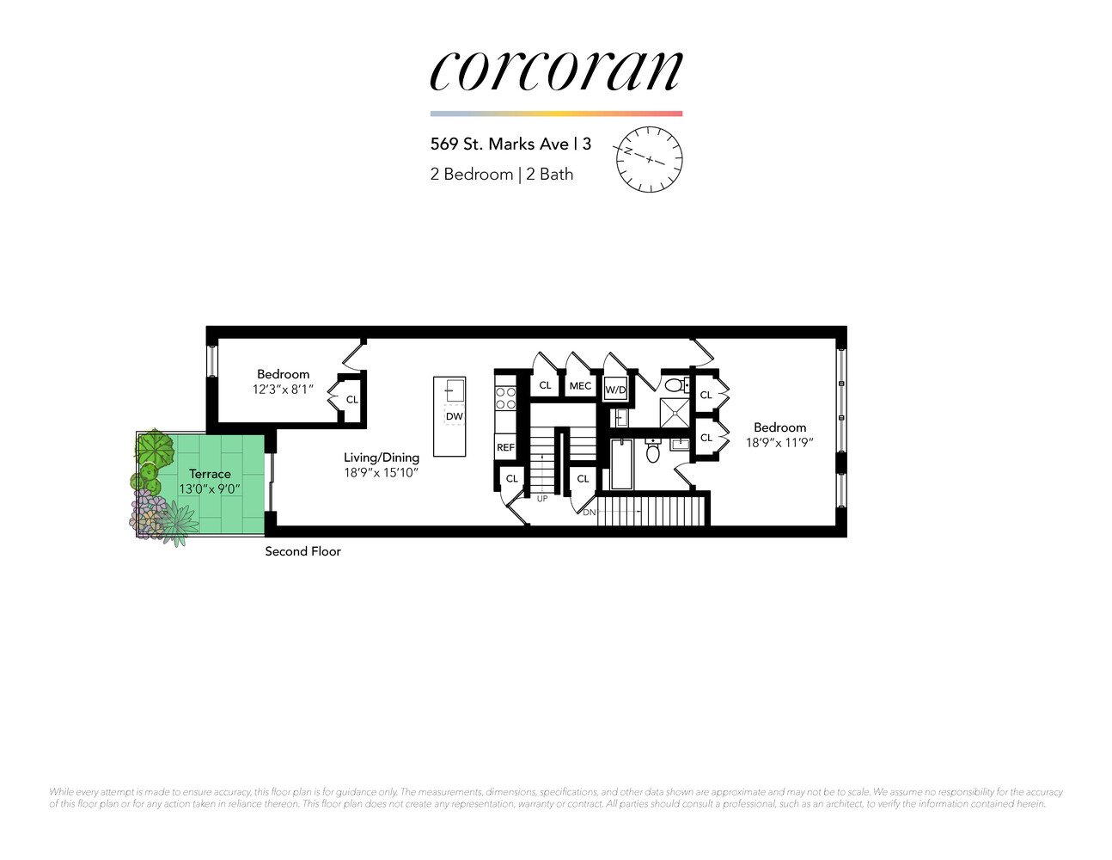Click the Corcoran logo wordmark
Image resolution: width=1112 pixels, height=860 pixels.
[556, 70]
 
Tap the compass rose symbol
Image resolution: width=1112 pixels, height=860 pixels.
[650, 159]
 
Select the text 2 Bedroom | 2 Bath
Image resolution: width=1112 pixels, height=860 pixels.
[501, 174]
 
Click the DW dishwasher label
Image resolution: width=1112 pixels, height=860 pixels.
[455, 416]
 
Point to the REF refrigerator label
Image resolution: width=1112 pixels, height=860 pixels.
[505, 447]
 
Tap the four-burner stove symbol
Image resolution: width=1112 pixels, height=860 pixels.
[505, 397]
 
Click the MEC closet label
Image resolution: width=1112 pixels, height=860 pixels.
[580, 386]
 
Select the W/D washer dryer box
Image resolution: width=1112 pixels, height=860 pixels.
[615, 390]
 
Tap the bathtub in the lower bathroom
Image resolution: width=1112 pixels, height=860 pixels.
[620, 464]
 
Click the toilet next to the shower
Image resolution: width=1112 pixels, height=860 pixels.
[675, 384]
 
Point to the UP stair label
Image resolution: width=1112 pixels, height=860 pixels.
[542, 499]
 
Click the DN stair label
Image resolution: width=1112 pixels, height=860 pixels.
[589, 513]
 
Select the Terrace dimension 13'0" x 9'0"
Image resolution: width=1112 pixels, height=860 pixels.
[210, 489]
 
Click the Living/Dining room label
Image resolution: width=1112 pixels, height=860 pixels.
[382, 458]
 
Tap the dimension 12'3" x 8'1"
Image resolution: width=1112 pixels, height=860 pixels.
[283, 390]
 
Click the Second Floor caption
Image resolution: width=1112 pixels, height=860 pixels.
[302, 551]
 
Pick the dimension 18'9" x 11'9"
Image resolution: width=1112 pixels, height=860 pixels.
[779, 443]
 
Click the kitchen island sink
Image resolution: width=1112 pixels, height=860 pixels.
[455, 391]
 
